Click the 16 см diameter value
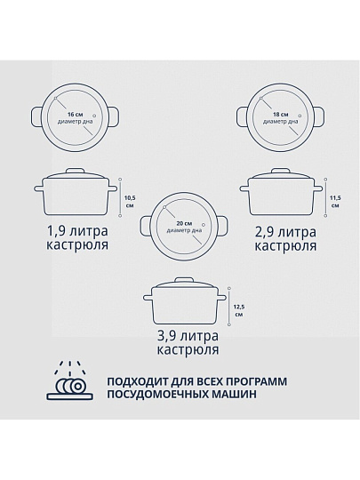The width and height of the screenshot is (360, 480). (x=75, y=115)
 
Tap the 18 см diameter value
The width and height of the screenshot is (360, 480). (x=281, y=115)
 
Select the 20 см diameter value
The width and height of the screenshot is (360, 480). (x=184, y=223)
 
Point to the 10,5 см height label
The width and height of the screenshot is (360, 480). (x=130, y=202)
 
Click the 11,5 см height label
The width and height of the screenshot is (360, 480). (x=335, y=202)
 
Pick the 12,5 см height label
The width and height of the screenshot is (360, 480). (x=239, y=310)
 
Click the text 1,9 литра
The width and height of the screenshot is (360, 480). (x=77, y=230)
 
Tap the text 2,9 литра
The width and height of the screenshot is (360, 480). (x=285, y=232)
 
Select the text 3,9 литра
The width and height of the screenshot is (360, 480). (x=188, y=336)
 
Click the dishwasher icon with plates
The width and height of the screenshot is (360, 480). (x=70, y=380)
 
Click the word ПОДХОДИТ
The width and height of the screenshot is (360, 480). (x=137, y=381)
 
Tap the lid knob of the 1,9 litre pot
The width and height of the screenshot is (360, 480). (x=76, y=170)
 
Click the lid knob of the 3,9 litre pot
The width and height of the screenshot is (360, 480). (x=185, y=280)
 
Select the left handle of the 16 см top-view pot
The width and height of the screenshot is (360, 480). (x=37, y=116)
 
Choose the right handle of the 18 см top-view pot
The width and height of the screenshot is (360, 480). (x=318, y=116)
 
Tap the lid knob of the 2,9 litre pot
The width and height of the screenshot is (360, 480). (x=281, y=171)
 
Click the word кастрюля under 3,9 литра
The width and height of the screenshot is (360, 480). (x=188, y=349)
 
